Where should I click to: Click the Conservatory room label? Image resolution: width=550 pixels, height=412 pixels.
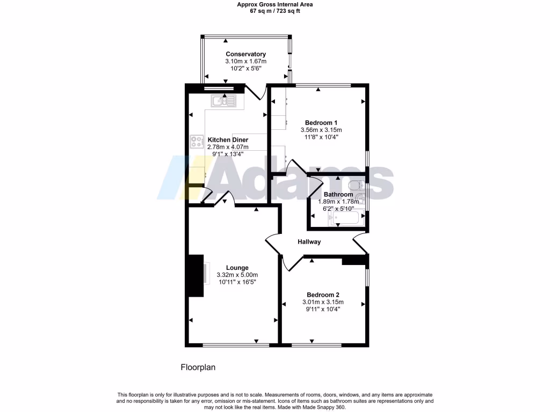point(245,54)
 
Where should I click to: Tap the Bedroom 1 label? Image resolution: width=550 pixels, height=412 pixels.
point(321,122)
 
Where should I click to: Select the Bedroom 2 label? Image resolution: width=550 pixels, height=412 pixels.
point(323,295)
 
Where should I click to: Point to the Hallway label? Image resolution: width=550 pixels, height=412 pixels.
point(309,242)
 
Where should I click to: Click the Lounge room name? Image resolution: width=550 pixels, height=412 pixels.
point(237,268)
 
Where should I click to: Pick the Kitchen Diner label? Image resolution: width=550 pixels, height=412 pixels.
point(228,139)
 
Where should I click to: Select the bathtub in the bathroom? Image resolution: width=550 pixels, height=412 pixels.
point(346,218)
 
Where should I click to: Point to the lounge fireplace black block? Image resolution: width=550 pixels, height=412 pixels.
point(194,276)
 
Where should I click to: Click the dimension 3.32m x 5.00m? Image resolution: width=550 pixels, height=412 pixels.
point(237,275)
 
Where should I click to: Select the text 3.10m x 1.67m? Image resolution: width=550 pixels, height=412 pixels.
point(245,62)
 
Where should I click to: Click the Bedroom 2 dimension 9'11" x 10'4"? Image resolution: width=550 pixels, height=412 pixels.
point(323,309)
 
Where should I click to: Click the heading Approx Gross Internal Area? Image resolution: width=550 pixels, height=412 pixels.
point(275,4)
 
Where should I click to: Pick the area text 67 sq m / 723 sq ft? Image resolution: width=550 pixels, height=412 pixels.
point(275,11)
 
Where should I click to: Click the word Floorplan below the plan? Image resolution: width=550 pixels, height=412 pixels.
point(198,367)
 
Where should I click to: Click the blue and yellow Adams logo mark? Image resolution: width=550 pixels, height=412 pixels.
point(185,178)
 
